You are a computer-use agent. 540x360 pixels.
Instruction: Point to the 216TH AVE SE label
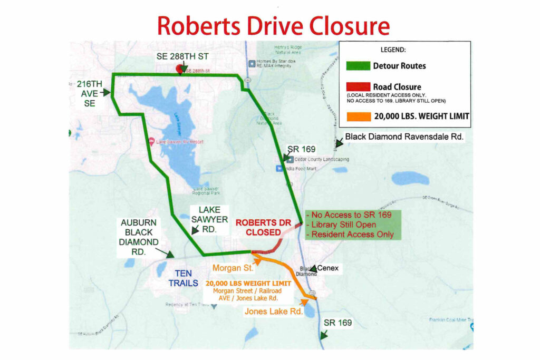tap(89, 93)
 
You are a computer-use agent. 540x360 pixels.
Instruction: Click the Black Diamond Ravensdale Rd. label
tap(404, 137)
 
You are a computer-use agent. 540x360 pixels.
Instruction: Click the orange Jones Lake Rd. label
tap(273, 312)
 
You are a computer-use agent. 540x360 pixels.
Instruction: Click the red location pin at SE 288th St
tap(179, 69)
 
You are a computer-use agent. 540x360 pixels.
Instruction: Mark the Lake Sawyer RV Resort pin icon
tap(152, 141)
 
